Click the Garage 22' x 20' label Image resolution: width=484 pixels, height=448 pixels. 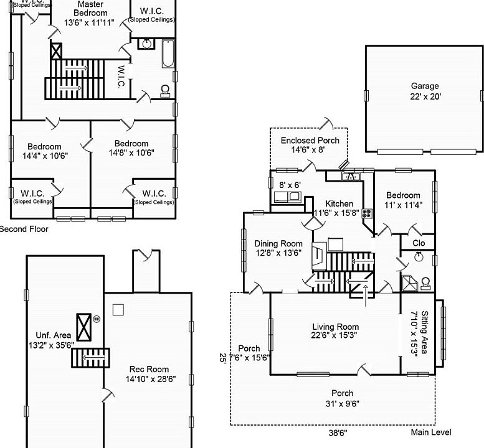click(424, 91)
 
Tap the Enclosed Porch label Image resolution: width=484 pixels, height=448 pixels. click(310, 145)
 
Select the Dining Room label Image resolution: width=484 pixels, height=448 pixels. click(278, 248)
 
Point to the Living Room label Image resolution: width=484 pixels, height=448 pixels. click(335, 332)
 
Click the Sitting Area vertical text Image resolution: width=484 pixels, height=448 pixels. click(420, 332)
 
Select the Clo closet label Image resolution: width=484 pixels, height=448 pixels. click(419, 243)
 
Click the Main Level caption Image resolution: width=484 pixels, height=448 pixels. click(431, 432)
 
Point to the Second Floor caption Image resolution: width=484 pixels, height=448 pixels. click(24, 229)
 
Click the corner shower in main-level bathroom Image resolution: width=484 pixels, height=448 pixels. click(409, 284)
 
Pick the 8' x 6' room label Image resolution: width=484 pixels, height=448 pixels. click(290, 185)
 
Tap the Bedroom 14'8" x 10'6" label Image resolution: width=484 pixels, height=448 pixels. click(131, 148)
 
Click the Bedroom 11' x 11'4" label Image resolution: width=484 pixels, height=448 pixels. click(403, 199)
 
